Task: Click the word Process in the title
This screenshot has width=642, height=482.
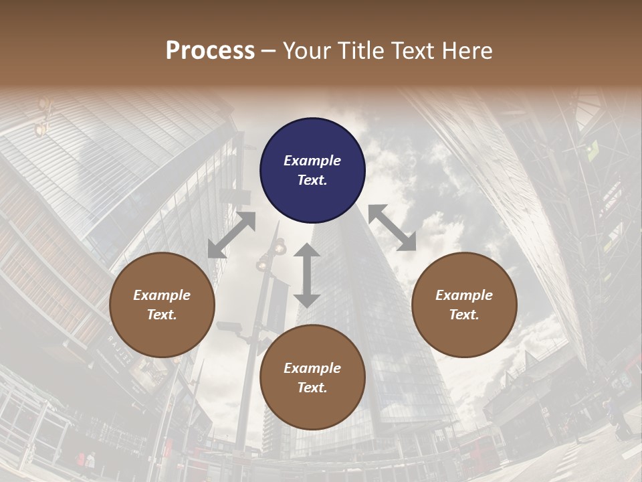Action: pos(210,51)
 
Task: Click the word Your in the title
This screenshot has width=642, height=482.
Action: pos(305,51)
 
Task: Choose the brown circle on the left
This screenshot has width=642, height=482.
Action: pos(162,305)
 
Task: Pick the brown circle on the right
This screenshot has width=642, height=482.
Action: pos(464,305)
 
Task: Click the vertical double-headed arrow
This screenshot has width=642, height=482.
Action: pos(307,275)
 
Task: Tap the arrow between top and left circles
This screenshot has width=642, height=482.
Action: pos(231,235)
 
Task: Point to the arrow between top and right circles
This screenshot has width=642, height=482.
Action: pos(392,228)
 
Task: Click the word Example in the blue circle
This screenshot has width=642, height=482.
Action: pos(312,161)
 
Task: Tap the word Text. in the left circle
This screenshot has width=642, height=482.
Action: pos(162,315)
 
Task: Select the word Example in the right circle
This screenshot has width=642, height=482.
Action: pos(464,295)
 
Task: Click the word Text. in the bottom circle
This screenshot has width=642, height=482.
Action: pos(312,388)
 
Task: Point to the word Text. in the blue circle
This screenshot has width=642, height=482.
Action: pos(312,180)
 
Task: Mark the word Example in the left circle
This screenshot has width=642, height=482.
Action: pos(162,295)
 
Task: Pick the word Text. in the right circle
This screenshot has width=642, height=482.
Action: pos(464,315)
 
